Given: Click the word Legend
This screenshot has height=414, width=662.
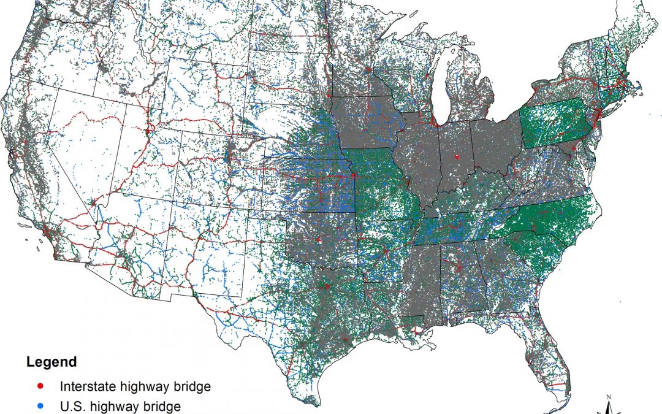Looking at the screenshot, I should [x=51, y=362].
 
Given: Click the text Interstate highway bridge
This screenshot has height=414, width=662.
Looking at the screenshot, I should [x=135, y=387].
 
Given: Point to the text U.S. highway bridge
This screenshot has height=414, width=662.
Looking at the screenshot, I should [x=120, y=406].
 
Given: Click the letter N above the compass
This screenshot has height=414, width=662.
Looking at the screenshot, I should [x=607, y=397].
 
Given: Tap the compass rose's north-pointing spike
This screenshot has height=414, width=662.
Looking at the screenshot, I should [x=607, y=405].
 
